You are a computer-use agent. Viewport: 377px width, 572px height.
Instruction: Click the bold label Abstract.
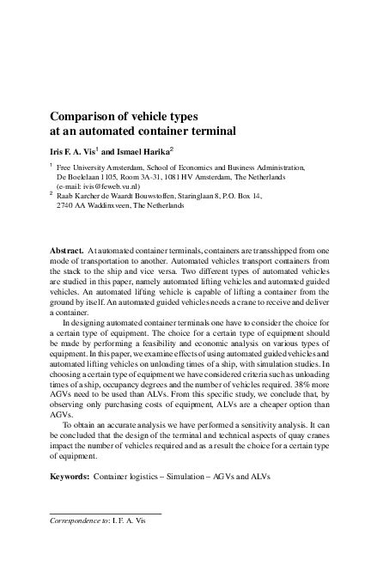click(69, 250)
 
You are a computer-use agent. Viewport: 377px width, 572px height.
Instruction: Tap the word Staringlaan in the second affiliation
click(200, 197)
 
